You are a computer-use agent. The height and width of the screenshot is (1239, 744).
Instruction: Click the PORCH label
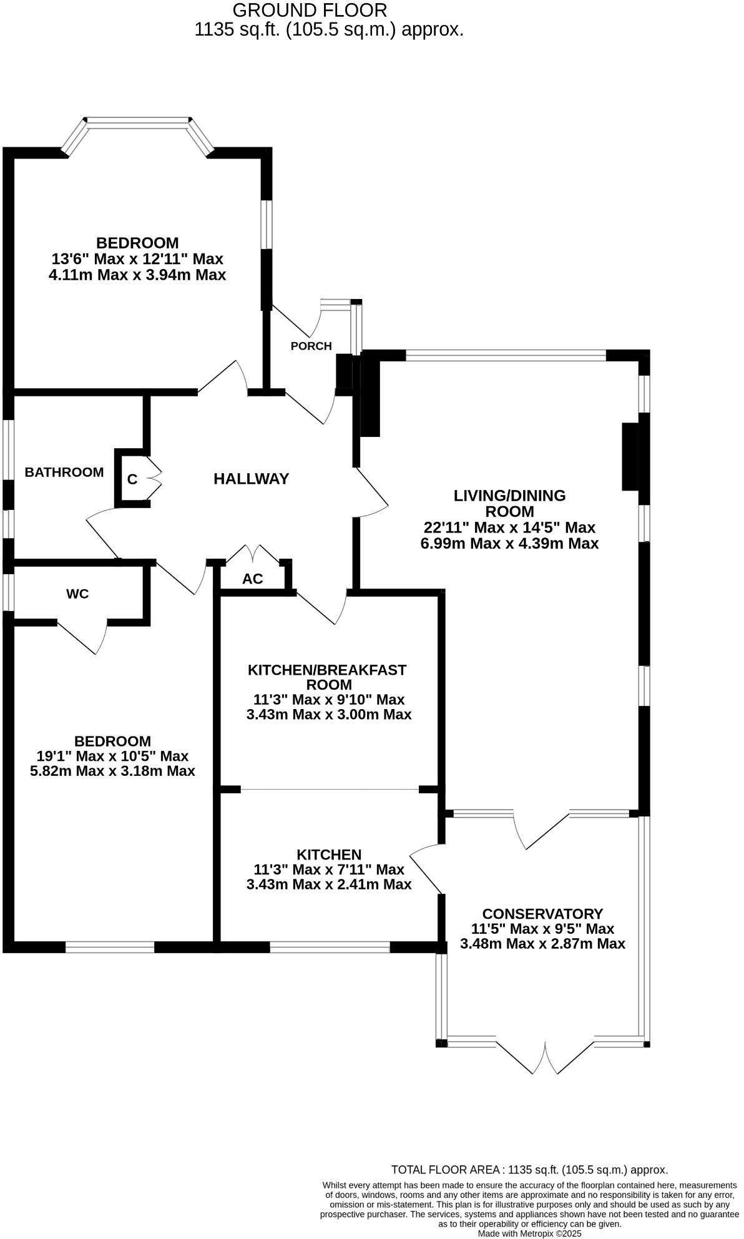(311, 346)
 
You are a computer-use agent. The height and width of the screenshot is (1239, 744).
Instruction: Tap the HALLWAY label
(251, 479)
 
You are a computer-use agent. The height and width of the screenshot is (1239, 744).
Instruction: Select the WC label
(77, 594)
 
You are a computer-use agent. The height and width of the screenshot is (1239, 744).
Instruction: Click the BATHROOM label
(64, 473)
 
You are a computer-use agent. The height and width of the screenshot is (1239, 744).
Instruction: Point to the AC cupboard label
(252, 579)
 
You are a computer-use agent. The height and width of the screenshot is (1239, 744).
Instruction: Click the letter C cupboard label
(132, 479)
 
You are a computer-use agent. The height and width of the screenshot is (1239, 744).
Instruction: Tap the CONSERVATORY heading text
(542, 914)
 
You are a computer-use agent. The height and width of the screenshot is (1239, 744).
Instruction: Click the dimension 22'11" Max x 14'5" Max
(509, 527)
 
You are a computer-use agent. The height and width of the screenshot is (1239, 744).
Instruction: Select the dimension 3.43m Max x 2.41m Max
(329, 884)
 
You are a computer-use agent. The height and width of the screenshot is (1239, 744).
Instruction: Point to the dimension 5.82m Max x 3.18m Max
(112, 771)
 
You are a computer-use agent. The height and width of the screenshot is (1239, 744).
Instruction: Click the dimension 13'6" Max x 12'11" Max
(137, 258)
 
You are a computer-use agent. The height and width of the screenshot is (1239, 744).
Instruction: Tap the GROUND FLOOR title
(310, 10)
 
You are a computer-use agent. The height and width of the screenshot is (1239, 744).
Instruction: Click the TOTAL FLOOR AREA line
(529, 1170)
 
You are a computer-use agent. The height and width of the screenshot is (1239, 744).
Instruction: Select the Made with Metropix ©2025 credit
(529, 1233)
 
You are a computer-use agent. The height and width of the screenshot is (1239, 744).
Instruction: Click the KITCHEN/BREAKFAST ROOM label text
(327, 677)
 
